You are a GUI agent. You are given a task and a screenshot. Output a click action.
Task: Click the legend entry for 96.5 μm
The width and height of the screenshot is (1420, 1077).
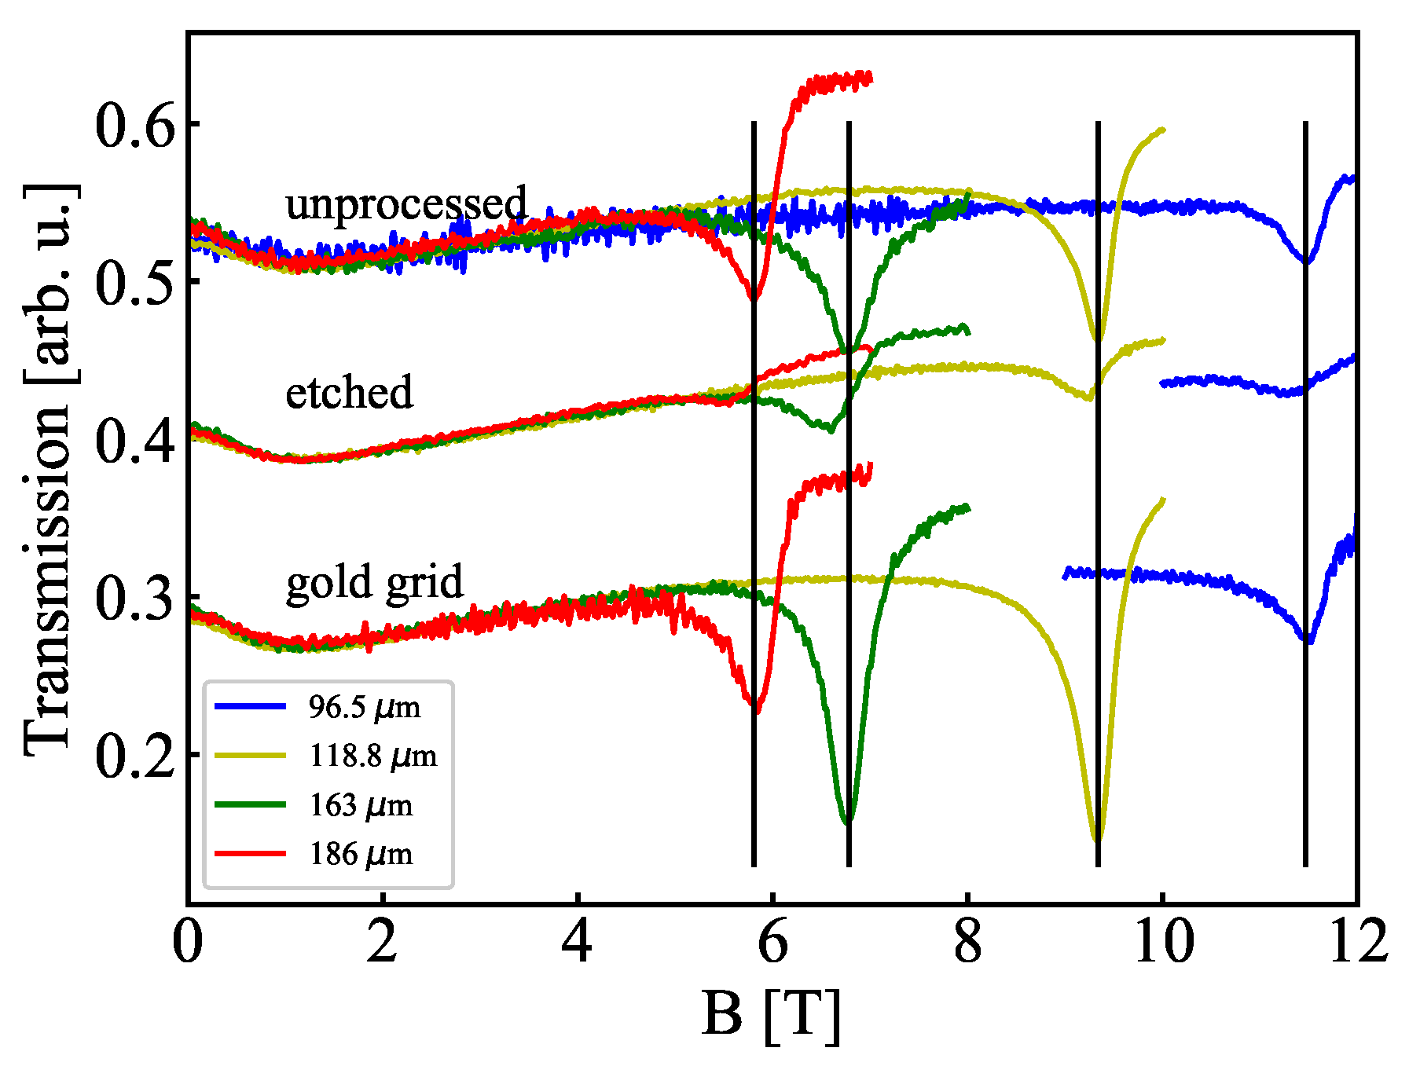click(x=364, y=707)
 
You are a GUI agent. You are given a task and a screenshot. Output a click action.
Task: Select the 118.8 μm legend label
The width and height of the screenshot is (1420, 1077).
click(x=372, y=756)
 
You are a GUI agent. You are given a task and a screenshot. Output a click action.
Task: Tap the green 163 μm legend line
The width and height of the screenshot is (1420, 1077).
click(x=250, y=804)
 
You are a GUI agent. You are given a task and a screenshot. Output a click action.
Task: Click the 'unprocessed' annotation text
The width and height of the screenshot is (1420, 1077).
click(x=405, y=203)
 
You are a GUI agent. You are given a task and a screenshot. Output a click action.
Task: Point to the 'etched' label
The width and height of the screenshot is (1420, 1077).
click(x=349, y=392)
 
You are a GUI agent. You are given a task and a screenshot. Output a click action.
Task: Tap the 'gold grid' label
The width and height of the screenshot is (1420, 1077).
click(x=375, y=582)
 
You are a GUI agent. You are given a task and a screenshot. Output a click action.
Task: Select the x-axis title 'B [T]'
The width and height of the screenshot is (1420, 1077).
click(x=771, y=1015)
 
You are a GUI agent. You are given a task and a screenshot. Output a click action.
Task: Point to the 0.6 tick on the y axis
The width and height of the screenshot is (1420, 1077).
click(x=134, y=126)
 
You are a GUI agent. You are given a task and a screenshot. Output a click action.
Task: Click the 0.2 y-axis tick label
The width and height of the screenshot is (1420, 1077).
click(x=134, y=756)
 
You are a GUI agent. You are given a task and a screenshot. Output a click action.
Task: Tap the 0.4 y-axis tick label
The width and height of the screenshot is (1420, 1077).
click(x=134, y=441)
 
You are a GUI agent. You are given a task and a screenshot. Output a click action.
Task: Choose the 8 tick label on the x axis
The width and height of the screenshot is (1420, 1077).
click(x=967, y=942)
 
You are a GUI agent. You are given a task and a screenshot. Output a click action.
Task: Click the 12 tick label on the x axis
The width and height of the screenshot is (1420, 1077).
click(x=1357, y=942)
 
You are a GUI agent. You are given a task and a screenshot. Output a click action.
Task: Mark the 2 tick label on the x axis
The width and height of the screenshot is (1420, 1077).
click(x=382, y=942)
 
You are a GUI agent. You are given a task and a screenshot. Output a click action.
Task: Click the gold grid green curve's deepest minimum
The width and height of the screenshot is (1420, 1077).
click(x=847, y=822)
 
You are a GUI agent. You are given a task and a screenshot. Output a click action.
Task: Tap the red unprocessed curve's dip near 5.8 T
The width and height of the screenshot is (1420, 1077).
click(x=754, y=299)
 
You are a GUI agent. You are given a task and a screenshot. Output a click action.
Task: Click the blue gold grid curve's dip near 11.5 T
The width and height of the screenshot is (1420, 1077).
click(x=1308, y=640)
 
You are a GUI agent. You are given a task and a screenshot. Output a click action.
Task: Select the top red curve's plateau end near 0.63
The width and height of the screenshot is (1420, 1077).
click(x=869, y=77)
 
